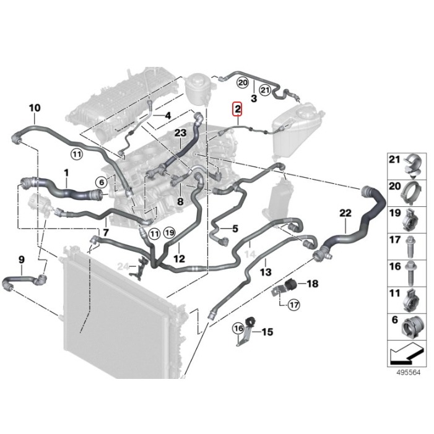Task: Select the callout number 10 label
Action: point(35,108)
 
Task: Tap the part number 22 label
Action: point(345,213)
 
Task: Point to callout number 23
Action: point(180,133)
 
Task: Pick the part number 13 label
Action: point(265,271)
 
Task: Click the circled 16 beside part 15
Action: point(238,328)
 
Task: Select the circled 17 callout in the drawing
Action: point(293,304)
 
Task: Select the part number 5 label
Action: point(235,228)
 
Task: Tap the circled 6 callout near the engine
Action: point(101,181)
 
